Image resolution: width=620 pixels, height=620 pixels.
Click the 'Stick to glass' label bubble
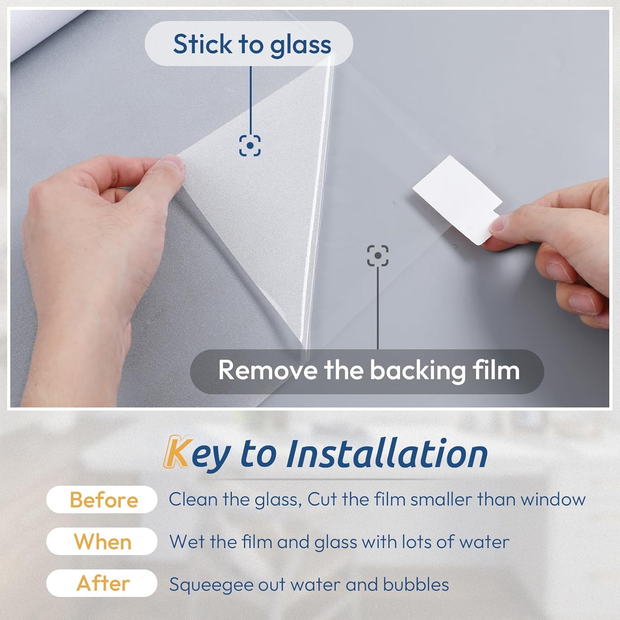(249, 44)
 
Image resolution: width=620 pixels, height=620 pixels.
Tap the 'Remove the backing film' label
(368, 371)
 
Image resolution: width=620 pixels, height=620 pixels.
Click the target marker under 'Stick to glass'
(250, 146)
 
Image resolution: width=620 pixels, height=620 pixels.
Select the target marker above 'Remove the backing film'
(378, 256)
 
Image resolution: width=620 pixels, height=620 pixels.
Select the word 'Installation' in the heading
(387, 454)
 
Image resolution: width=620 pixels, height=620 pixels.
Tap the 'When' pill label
(102, 541)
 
